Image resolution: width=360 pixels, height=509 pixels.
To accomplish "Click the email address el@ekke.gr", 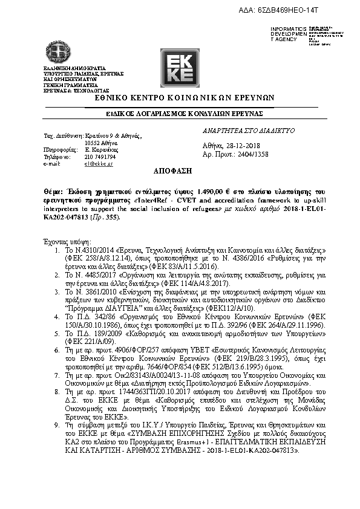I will [99, 164].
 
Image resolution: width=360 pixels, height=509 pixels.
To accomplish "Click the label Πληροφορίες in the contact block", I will [61, 149].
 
